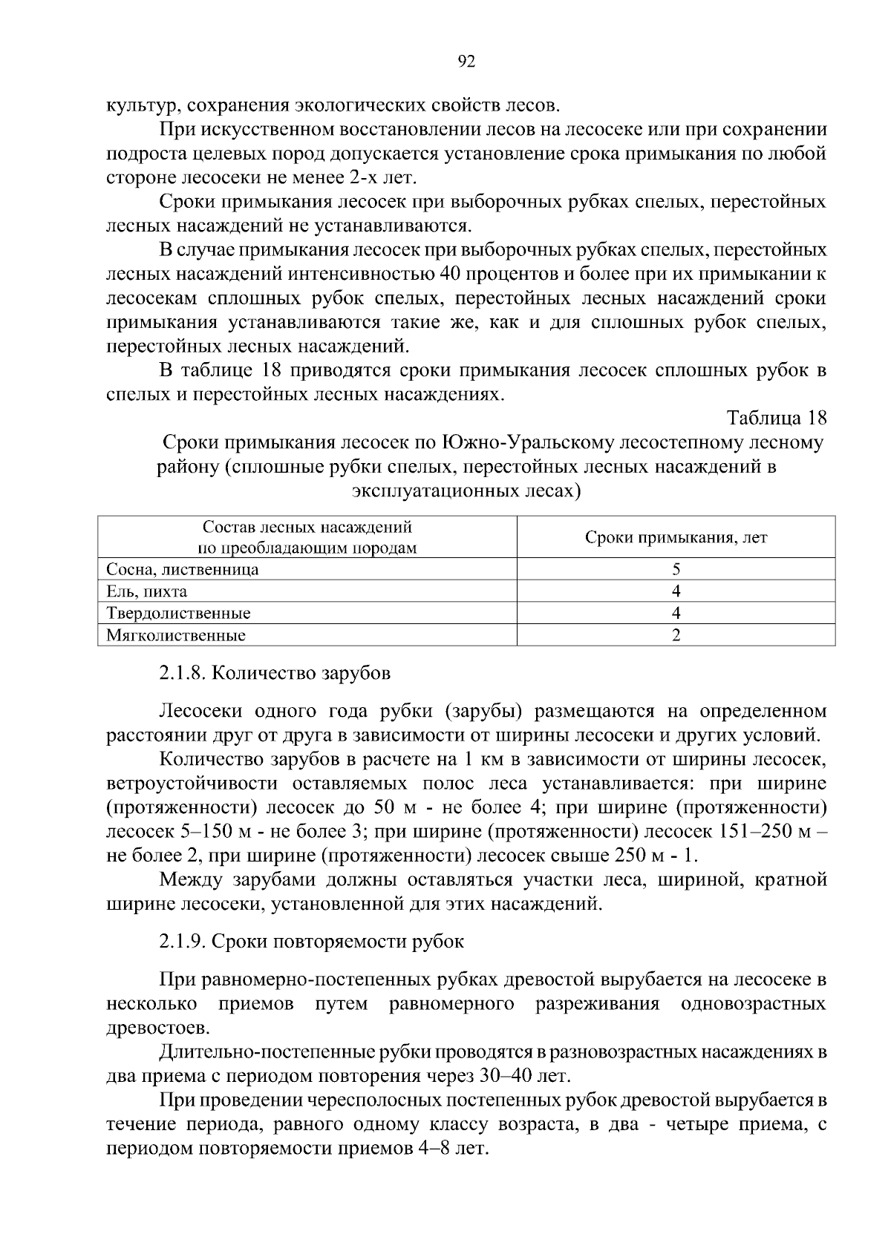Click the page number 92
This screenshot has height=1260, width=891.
click(466, 62)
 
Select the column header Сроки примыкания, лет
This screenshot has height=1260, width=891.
click(676, 537)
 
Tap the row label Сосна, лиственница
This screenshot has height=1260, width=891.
click(183, 570)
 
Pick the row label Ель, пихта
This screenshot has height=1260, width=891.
click(146, 591)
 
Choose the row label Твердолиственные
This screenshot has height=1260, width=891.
click(178, 614)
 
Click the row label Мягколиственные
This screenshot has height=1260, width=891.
click(176, 635)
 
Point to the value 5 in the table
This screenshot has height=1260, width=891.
click(676, 570)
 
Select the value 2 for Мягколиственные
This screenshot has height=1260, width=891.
click(676, 635)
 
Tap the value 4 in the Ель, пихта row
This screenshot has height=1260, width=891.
click(676, 591)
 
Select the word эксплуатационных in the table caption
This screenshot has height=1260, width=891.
click(431, 490)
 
